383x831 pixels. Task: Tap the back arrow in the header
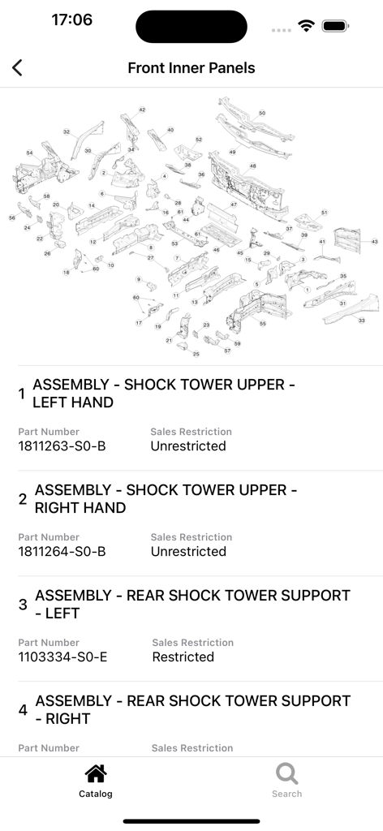tap(17, 68)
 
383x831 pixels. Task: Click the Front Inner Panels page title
tap(191, 68)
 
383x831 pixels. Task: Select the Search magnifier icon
tap(286, 773)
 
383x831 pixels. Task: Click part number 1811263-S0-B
tap(62, 446)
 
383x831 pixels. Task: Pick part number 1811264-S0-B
tap(62, 552)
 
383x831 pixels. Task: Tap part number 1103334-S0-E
tap(62, 657)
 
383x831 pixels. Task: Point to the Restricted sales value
tap(183, 657)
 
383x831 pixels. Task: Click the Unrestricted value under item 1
tap(188, 446)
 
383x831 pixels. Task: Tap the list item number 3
tap(23, 605)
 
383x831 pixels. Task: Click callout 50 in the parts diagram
tap(262, 113)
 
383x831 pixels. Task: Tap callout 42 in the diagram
tap(142, 110)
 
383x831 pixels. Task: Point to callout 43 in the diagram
tap(374, 241)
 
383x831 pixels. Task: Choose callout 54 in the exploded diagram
tap(29, 153)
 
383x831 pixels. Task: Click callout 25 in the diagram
tap(196, 354)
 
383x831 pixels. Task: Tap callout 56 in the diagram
tap(12, 217)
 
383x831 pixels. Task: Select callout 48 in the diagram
tap(252, 166)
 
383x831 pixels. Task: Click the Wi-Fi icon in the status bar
tap(306, 26)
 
